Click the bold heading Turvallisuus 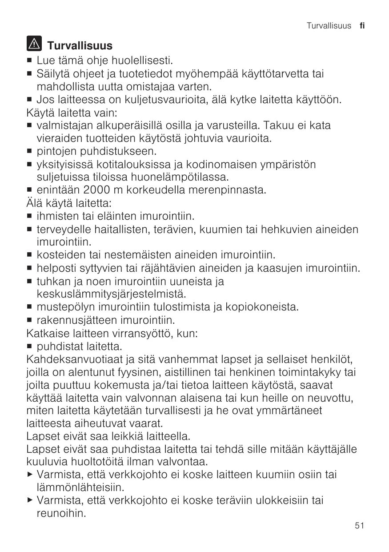click(x=80, y=46)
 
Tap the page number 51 click(x=360, y=526)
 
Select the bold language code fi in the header click(x=362, y=26)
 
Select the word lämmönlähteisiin click(x=80, y=488)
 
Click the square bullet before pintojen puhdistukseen click(x=30, y=152)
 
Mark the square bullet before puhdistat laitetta click(x=30, y=346)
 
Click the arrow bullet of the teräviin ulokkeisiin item click(x=30, y=500)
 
